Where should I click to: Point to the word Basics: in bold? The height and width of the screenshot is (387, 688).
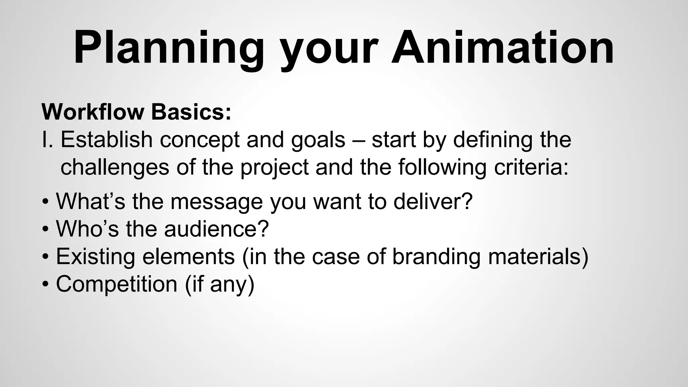pyautogui.click(x=191, y=112)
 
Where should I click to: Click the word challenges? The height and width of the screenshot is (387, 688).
pyautogui.click(x=115, y=167)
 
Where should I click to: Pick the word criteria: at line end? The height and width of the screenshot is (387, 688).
pyautogui.click(x=531, y=167)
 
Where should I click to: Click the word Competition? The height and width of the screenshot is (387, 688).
pyautogui.click(x=117, y=284)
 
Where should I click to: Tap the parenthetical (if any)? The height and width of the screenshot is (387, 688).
pyautogui.click(x=220, y=285)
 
